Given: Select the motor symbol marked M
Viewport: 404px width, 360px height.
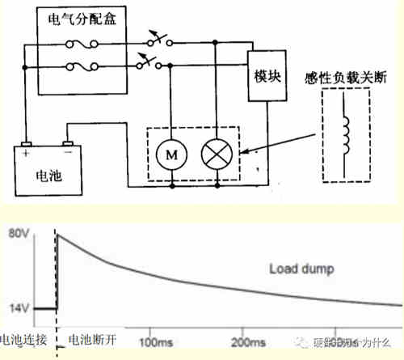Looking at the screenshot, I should (171, 151).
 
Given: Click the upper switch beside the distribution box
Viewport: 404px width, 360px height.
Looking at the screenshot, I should (150, 38).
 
